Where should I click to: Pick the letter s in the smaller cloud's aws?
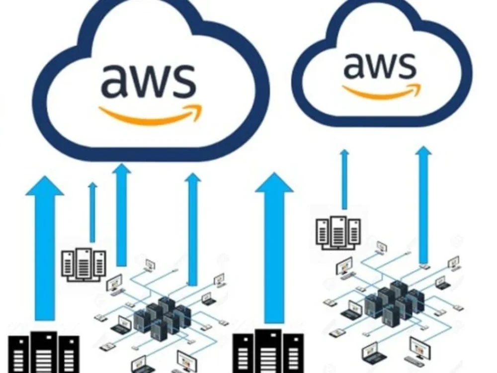coord(406,66)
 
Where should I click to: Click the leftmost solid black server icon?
coord(43,352)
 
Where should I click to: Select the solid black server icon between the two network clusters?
coord(268,351)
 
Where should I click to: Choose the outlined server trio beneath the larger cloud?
coord(83,265)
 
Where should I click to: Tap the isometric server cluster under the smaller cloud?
coord(394,301)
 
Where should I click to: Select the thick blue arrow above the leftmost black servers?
coord(45,248)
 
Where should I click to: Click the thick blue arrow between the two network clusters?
coord(274,248)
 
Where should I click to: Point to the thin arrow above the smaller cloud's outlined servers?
coord(344,180)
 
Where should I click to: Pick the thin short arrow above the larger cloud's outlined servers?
coord(92,212)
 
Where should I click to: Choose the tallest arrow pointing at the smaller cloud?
coord(423,204)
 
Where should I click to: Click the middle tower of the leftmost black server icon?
coord(44,352)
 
